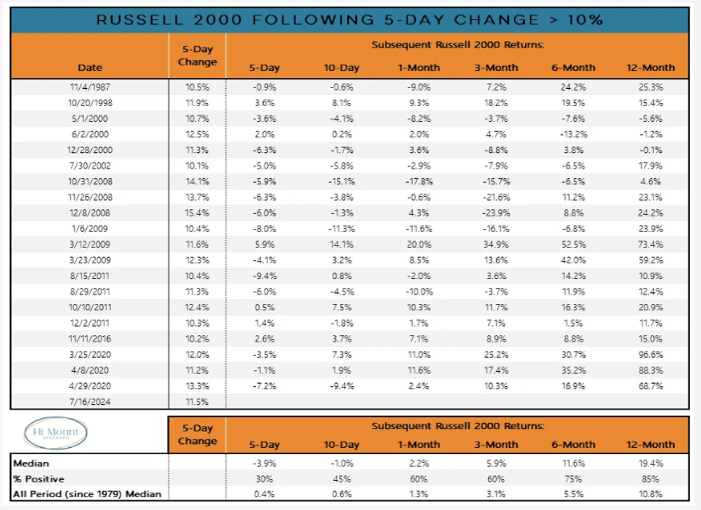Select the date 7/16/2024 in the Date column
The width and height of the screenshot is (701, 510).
point(89,402)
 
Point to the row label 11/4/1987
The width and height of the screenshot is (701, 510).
point(89,87)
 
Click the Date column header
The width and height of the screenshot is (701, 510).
point(89,67)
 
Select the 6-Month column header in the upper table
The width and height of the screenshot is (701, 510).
point(573,67)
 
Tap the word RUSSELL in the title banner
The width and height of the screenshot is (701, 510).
point(137,20)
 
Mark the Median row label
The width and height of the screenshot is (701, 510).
point(32,463)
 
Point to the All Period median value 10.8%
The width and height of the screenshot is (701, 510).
point(651,494)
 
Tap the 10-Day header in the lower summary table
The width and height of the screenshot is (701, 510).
point(341,445)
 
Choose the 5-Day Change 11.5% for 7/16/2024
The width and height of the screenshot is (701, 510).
point(197,402)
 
